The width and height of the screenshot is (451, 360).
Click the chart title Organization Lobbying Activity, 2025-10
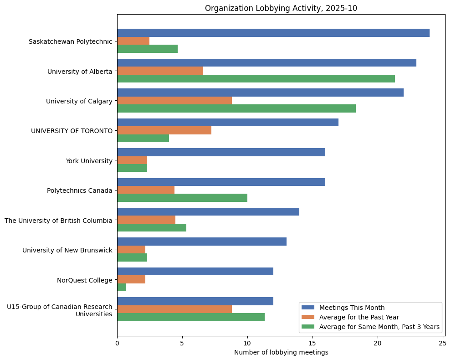[x=281, y=8]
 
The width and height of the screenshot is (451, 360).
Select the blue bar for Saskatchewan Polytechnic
[x=273, y=33]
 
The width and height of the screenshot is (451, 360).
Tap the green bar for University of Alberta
[x=256, y=79]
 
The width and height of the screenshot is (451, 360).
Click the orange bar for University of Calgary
[x=174, y=101]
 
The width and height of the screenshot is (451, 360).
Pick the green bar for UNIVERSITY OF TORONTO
[x=143, y=139]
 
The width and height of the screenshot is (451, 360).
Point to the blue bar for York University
[x=221, y=152]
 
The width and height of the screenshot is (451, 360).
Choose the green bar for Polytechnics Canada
[x=182, y=198]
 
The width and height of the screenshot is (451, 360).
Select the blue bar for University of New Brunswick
[x=202, y=242]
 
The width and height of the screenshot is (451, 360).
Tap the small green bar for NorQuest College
[x=121, y=288]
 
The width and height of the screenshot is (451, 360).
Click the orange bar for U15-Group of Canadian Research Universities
[x=174, y=309]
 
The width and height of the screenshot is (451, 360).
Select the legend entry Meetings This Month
[x=352, y=308]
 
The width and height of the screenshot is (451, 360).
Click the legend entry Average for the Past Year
[x=359, y=317]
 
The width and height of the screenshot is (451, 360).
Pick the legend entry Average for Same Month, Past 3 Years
[x=379, y=327]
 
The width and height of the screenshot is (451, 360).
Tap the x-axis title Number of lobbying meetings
[x=281, y=352]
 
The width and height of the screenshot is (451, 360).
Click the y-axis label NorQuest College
[x=84, y=280]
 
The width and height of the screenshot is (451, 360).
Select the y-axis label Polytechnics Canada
[x=79, y=190]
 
